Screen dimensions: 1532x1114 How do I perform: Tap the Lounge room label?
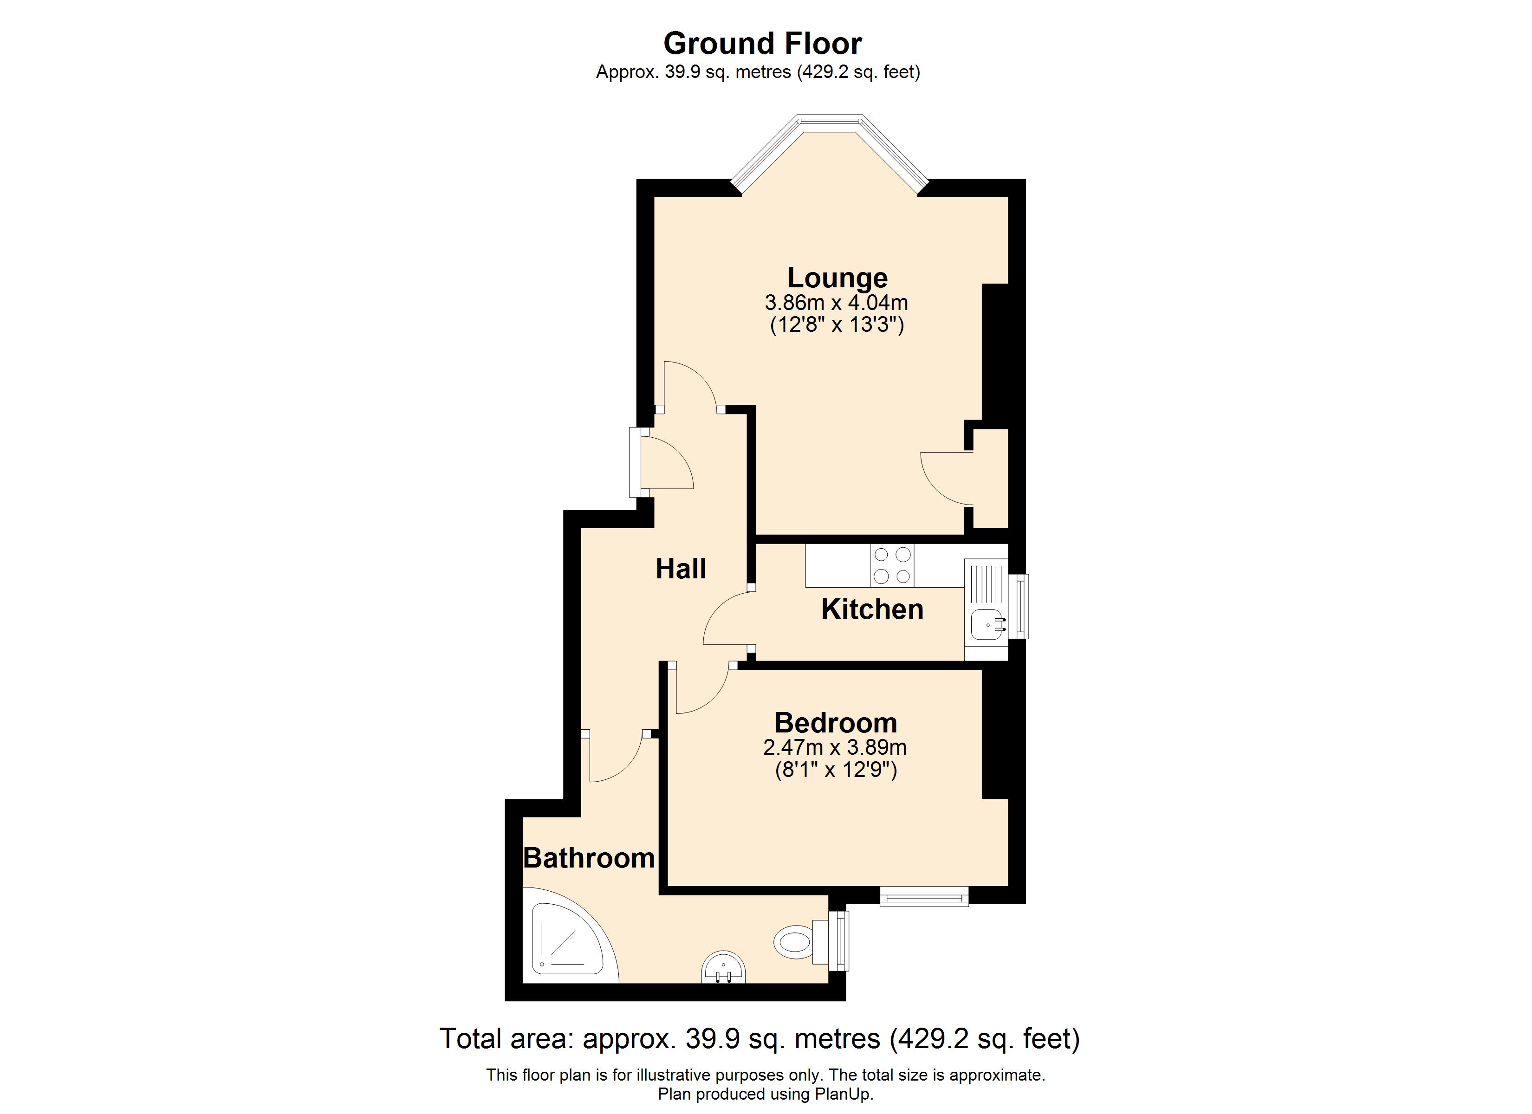pos(837,278)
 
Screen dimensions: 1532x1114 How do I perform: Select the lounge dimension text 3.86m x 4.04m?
pos(836,302)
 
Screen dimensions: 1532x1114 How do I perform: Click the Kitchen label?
pos(872,609)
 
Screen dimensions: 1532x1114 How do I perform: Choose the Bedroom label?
pos(836,723)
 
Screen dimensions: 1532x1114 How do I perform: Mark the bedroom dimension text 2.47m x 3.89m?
pos(835,747)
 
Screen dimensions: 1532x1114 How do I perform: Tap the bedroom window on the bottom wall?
pos(924,896)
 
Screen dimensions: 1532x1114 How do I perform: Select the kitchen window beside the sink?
pos(1019,606)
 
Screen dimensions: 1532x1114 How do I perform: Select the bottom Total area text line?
pos(760,1038)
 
